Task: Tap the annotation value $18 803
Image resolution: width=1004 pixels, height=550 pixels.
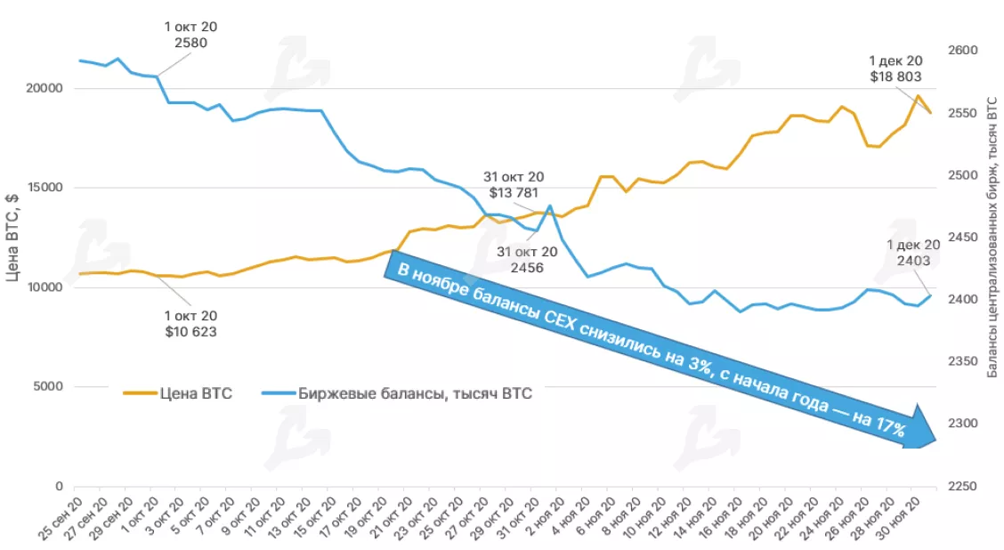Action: [x=895, y=77]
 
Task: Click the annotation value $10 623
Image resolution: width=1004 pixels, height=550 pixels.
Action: [x=190, y=332]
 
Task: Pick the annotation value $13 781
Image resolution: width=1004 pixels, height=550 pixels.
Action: [x=514, y=193]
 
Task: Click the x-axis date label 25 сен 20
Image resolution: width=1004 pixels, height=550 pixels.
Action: [x=59, y=519]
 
